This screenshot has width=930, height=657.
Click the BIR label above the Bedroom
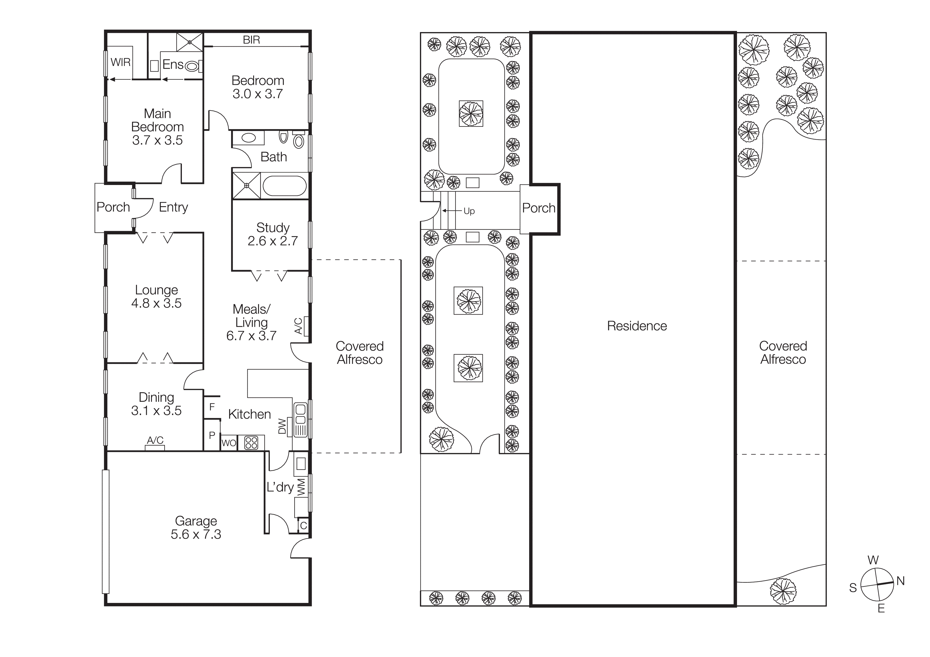click(251, 40)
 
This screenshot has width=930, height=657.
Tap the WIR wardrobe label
click(121, 62)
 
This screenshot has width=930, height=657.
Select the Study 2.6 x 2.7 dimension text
click(273, 241)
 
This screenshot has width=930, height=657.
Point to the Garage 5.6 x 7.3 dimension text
click(196, 534)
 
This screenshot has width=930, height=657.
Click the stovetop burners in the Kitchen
click(251, 443)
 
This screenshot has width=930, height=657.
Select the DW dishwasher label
click(282, 426)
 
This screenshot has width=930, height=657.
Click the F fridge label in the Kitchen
click(212, 407)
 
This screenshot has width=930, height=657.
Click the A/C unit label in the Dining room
click(155, 440)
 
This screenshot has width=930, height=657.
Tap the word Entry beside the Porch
click(173, 207)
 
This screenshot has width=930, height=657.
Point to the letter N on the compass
click(900, 581)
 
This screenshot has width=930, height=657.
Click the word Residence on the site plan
click(637, 326)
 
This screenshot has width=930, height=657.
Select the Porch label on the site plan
click(538, 208)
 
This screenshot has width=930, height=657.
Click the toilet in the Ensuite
click(192, 65)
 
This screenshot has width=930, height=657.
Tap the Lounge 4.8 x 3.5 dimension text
click(156, 303)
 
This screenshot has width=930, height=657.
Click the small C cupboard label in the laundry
click(303, 526)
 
